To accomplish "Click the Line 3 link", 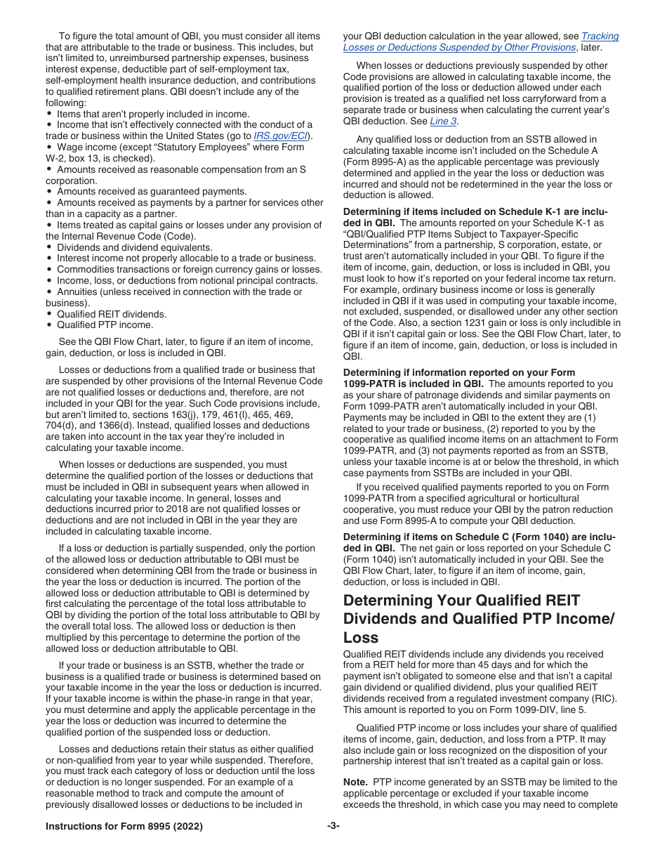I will pyautogui.click(x=443, y=121).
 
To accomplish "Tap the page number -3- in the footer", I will pyautogui.click(x=333, y=827).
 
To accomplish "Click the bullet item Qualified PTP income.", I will pyautogui.click(x=105, y=325).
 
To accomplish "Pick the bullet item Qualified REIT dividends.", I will pyautogui.click(x=112, y=314).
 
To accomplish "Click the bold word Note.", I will pyautogui.click(x=355, y=782).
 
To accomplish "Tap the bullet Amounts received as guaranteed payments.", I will pyautogui.click(x=152, y=191).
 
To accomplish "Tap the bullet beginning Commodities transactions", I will pyautogui.click(x=189, y=269).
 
